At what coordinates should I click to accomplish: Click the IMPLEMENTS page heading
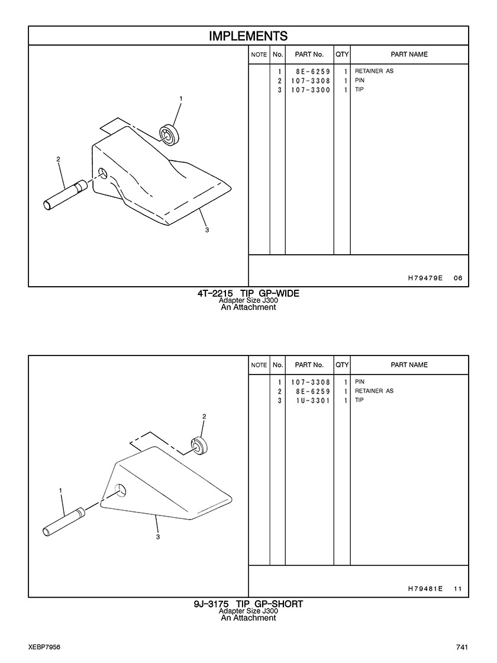point(248,36)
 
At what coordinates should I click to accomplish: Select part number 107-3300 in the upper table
point(311,89)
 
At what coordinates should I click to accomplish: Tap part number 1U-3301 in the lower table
point(313,401)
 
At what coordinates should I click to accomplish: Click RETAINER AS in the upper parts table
point(374,71)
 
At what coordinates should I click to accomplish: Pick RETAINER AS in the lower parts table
point(374,390)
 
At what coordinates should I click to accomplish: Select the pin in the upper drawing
point(65,195)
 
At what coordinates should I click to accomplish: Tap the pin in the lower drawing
point(64,523)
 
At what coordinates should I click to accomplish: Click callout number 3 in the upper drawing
point(207,230)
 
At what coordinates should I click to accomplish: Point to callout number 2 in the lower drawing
point(204,417)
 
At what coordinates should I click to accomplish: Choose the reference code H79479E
point(425,278)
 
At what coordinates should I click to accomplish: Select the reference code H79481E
point(425,588)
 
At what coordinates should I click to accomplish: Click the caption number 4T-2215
point(215,293)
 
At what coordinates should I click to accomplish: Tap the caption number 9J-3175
point(211,604)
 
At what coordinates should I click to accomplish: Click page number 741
point(462,648)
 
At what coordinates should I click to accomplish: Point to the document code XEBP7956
point(44,648)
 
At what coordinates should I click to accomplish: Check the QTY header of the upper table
point(342,54)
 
